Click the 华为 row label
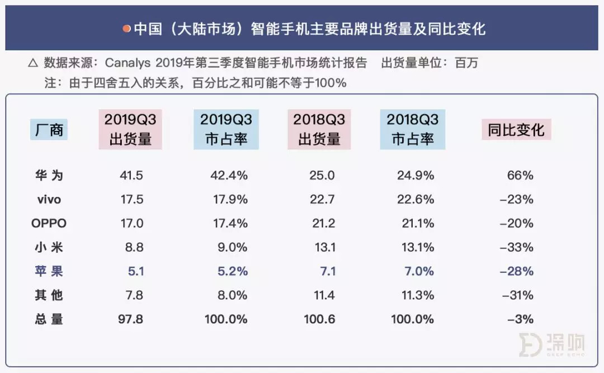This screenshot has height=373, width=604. coord(48,176)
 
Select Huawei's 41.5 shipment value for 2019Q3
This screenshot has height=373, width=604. coord(131,176)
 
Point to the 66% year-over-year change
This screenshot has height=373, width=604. coord(521,176)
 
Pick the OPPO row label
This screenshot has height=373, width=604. coord(49,224)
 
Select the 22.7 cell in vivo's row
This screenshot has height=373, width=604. coord(322,200)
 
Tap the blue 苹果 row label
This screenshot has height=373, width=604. coord(48,272)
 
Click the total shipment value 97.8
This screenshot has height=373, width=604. coord(131,319)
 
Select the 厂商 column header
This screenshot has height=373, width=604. coord(49,130)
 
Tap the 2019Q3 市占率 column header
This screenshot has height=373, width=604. coord(226,129)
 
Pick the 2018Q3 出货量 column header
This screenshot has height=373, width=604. coord(319,129)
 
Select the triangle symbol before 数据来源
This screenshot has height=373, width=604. coord(33,63)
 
